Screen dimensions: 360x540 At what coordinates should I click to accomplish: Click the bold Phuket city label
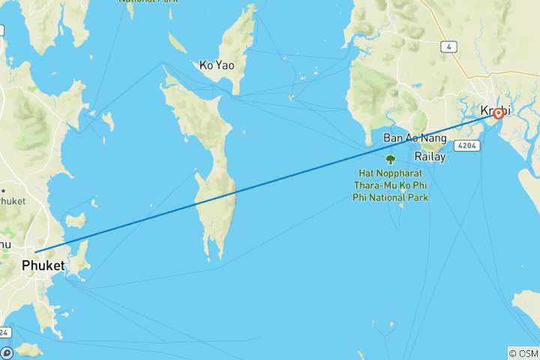point(43,265)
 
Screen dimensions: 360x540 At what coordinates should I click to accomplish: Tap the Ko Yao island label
point(217,65)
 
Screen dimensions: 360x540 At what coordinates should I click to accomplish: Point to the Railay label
point(430,157)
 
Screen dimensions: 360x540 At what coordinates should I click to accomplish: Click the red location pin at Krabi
point(497,115)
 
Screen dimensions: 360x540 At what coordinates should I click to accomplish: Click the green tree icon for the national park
point(390,160)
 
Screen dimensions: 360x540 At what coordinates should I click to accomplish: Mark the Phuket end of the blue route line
point(34,252)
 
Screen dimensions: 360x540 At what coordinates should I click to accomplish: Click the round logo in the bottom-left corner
point(7,352)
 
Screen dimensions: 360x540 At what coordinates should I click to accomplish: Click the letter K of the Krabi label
point(484,111)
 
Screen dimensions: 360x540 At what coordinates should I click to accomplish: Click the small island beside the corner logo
point(28,349)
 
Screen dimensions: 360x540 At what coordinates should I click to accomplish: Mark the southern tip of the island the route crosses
point(220,259)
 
